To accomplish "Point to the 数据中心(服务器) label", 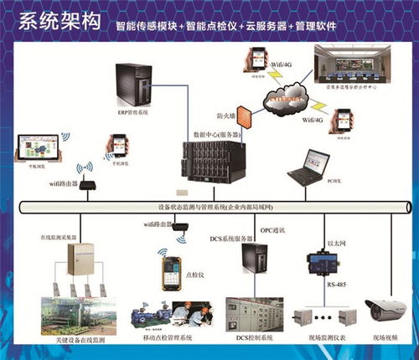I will (216, 134).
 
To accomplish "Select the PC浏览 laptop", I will (308, 167).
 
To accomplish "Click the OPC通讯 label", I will (272, 229).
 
